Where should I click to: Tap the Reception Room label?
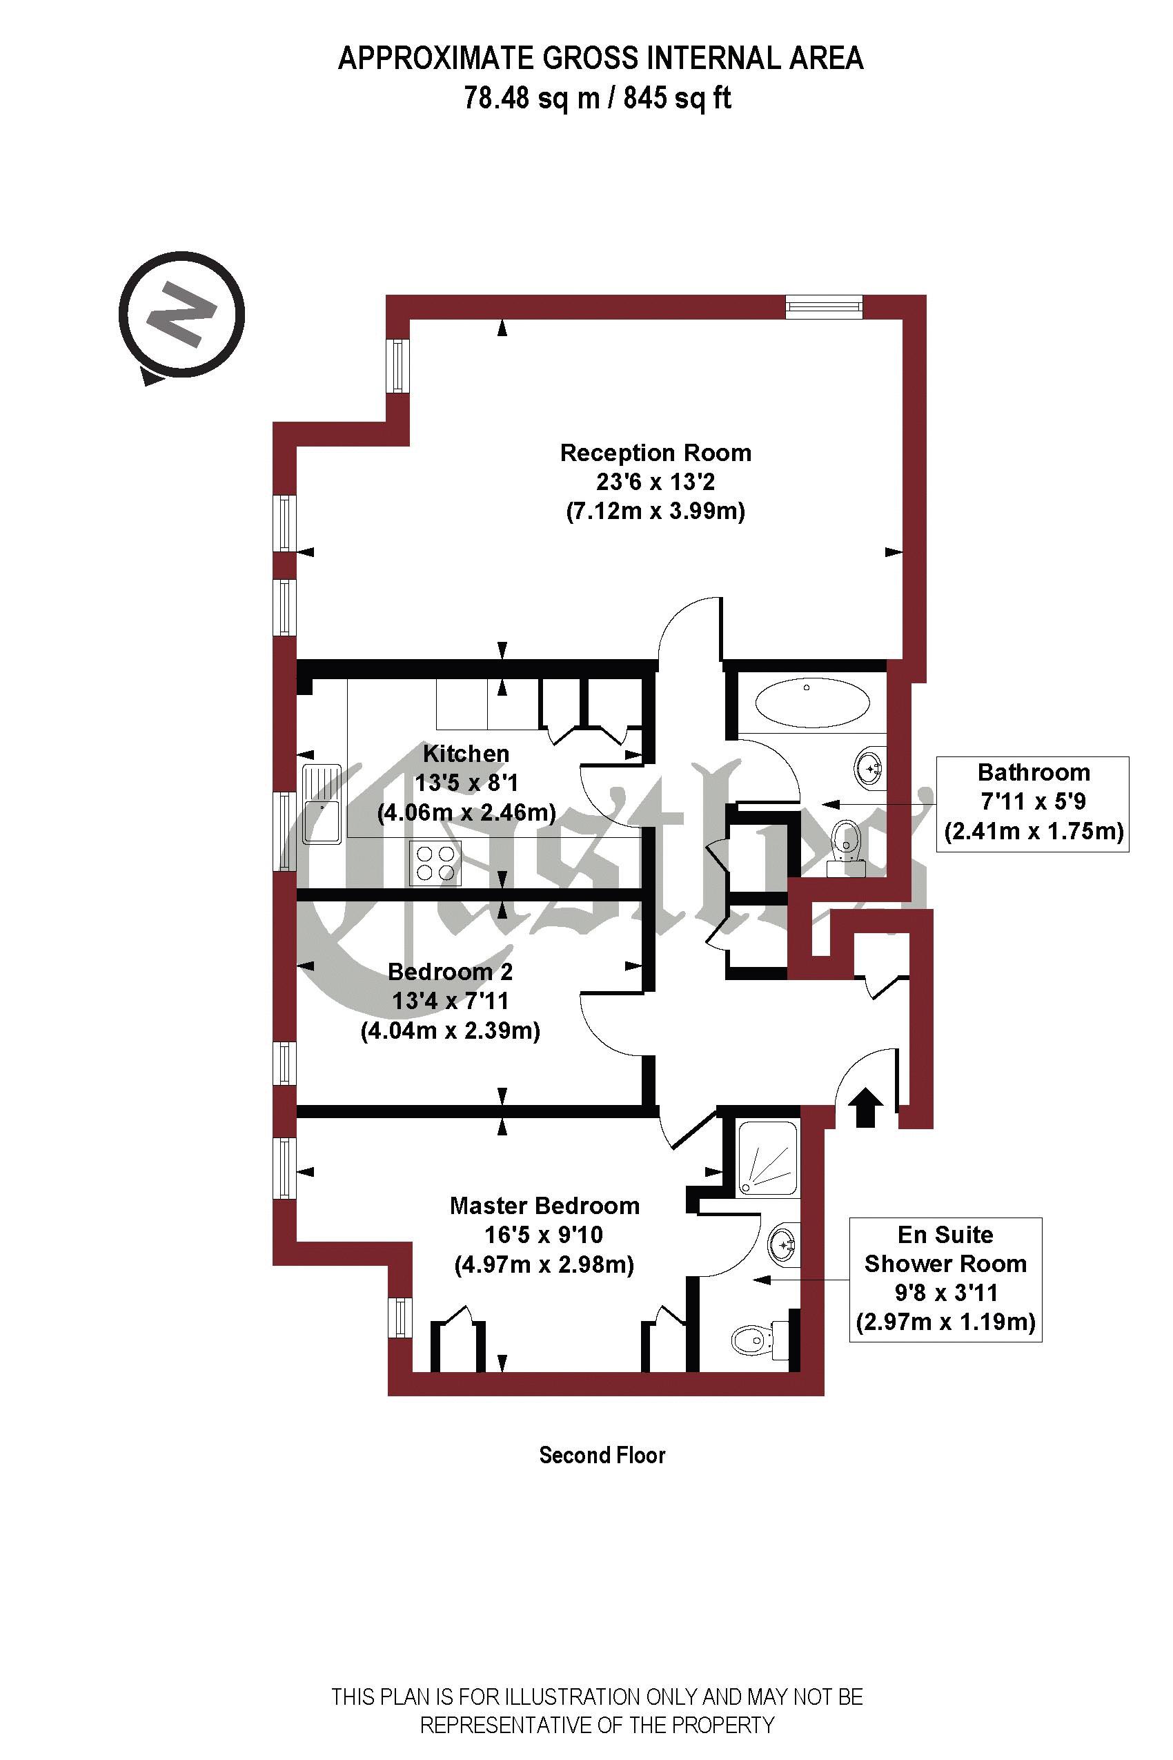click(655, 453)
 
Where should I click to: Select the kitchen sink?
click(322, 803)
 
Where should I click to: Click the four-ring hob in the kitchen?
click(435, 862)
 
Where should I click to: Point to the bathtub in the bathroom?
click(812, 703)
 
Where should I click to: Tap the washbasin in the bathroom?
click(869, 767)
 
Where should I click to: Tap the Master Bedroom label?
click(544, 1206)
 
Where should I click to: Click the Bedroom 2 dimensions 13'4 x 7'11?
click(450, 1001)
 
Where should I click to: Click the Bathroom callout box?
click(1032, 803)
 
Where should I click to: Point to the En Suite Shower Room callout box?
click(945, 1279)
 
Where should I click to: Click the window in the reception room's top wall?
click(825, 307)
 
